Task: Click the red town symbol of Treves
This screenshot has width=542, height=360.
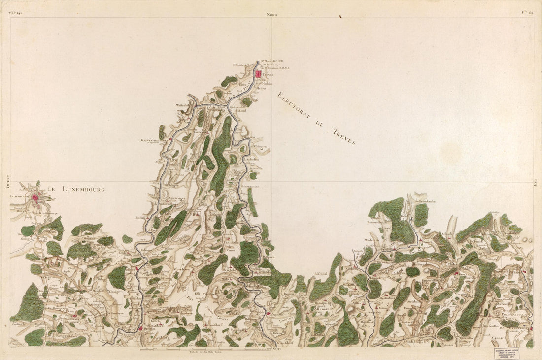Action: (258, 74)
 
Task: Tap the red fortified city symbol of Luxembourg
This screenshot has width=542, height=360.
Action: (35, 197)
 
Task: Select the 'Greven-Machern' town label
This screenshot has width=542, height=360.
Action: (154, 140)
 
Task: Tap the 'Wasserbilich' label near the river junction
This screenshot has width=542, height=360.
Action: (184, 105)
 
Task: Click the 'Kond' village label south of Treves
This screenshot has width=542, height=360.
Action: (241, 111)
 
